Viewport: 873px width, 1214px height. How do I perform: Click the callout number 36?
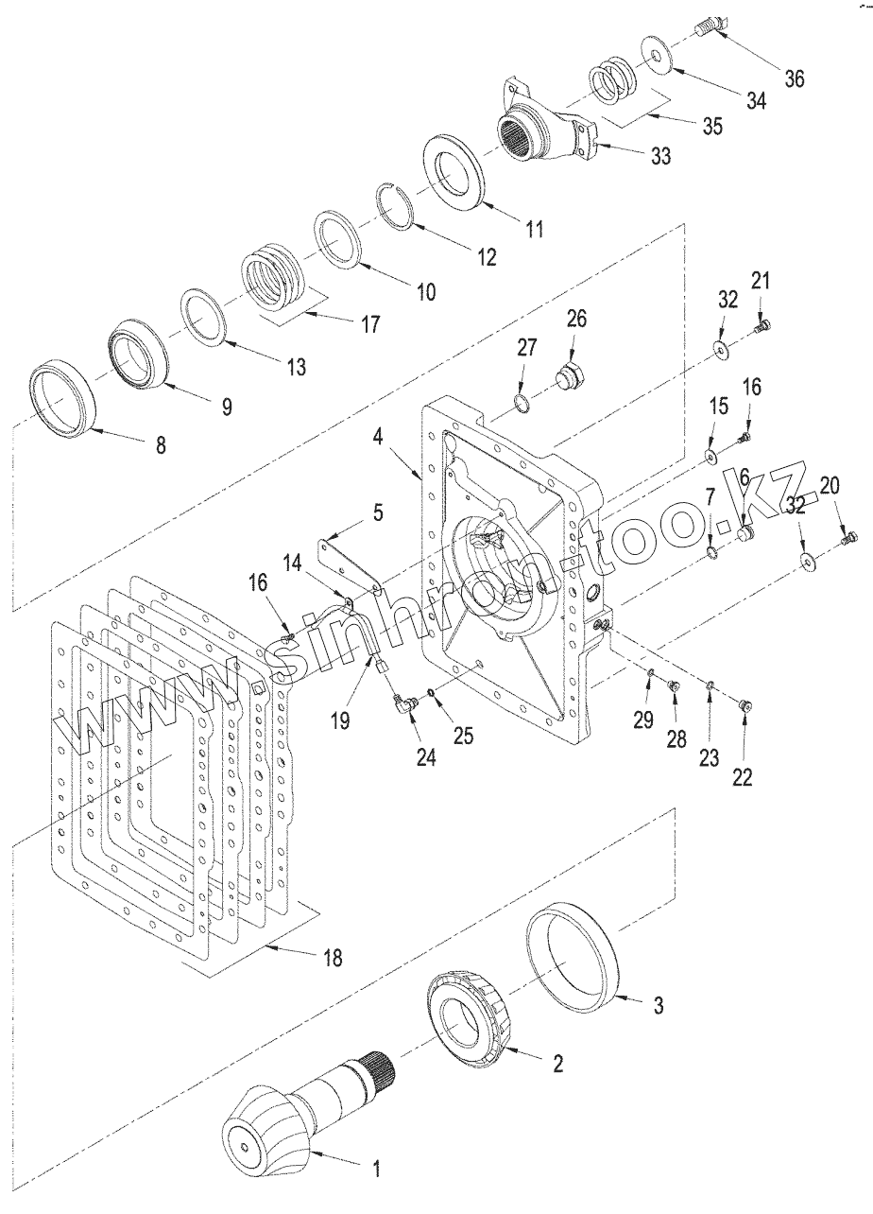(x=795, y=78)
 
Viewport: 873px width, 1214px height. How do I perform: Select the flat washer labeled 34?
(x=659, y=53)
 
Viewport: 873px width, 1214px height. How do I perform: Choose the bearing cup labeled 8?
(x=63, y=398)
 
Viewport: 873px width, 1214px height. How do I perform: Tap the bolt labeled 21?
(x=762, y=327)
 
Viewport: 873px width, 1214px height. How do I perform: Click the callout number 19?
(x=340, y=721)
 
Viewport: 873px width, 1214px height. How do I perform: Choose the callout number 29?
(x=643, y=721)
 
